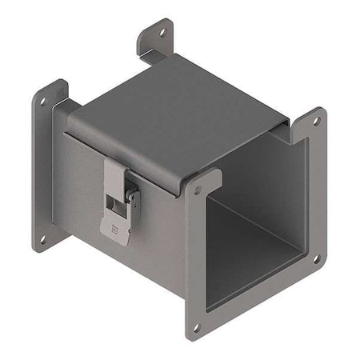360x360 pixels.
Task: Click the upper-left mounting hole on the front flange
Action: pyautogui.click(x=198, y=190)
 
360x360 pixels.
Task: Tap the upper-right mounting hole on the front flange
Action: pyautogui.click(x=315, y=122)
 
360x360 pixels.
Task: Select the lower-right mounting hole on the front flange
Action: pyautogui.click(x=315, y=258)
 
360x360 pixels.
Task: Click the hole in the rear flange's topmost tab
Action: pyautogui.click(x=163, y=34)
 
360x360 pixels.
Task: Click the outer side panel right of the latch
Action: pyautogui.click(x=164, y=232)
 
